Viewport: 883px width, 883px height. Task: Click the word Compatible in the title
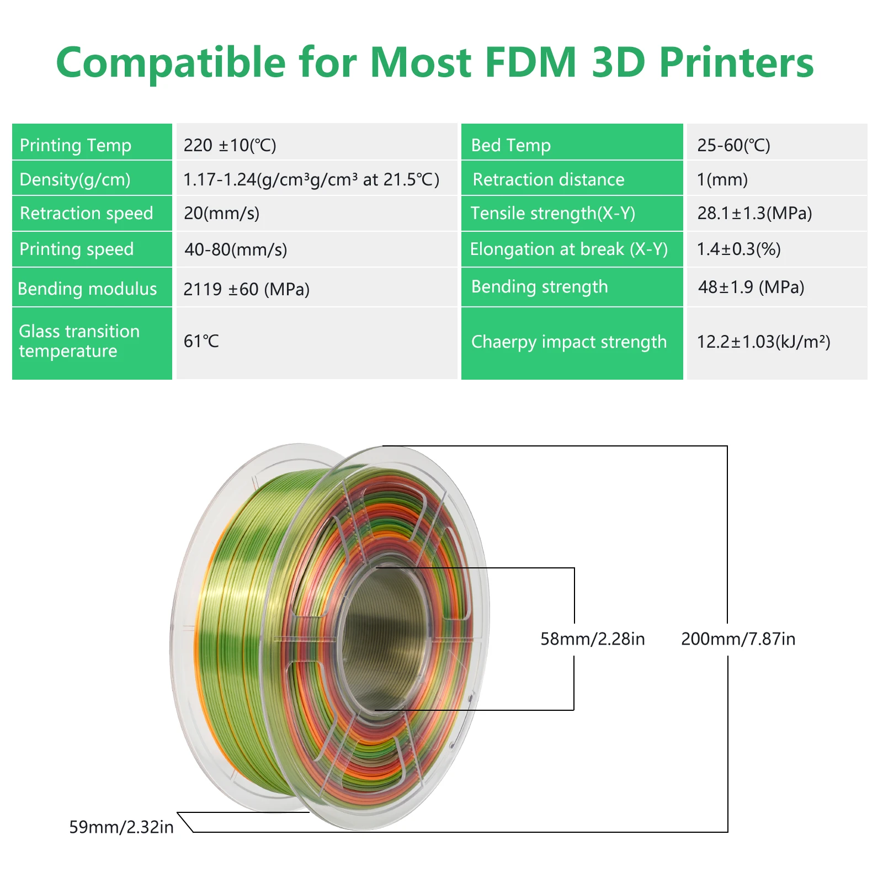[x=171, y=62]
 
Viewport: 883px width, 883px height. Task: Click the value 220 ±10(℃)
[x=230, y=145]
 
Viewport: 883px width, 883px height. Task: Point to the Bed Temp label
[x=510, y=145]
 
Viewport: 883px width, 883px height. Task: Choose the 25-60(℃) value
[x=733, y=145]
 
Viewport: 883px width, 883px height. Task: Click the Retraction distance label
[x=549, y=179]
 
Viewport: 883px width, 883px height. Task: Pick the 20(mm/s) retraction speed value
[x=221, y=213]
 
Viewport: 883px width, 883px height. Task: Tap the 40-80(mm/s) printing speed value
[x=236, y=249]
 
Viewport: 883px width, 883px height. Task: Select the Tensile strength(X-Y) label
[x=552, y=213]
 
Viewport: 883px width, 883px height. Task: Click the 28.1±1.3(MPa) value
[x=754, y=213]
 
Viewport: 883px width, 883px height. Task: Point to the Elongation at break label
[x=568, y=249]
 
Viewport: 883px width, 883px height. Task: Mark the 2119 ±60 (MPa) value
[x=246, y=289]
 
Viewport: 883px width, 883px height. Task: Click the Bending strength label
[x=539, y=287]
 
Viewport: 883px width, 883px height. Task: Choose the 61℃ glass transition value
[x=201, y=342]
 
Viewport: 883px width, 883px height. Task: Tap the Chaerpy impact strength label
[x=568, y=342]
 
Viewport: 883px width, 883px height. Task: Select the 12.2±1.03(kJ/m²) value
[x=763, y=342]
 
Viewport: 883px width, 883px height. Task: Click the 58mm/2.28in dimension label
[x=592, y=639]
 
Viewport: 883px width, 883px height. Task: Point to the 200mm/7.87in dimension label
[x=738, y=639]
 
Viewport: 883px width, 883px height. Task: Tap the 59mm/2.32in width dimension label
[x=121, y=827]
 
